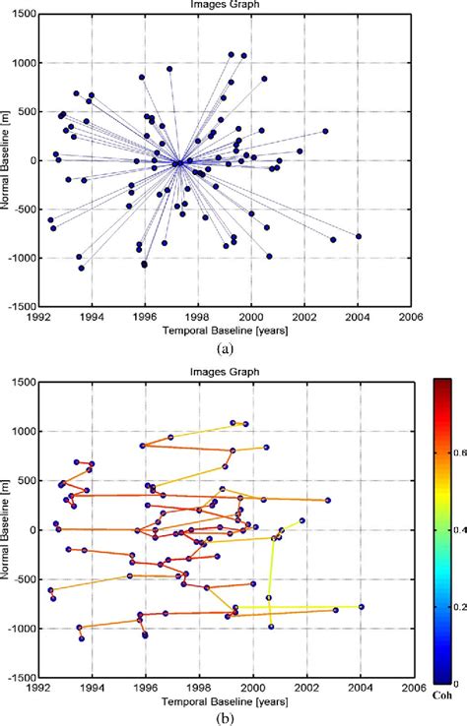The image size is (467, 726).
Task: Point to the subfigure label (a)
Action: click(226, 347)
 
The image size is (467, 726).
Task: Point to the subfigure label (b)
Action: click(226, 717)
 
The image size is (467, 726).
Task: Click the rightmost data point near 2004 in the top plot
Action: click(359, 236)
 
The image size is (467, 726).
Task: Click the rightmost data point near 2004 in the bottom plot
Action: click(361, 607)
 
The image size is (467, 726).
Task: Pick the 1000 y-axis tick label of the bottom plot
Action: click(22, 432)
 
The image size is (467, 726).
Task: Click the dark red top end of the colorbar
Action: click(443, 383)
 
